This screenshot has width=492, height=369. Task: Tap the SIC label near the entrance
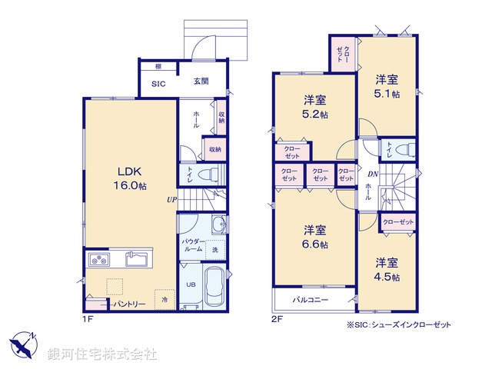pos(158,85)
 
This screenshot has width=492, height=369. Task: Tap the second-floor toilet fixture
pos(408,147)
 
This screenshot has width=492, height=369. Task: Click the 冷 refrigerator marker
pos(163,298)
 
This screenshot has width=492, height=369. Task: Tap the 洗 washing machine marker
pos(214,251)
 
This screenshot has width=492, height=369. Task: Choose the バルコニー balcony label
pos(311,298)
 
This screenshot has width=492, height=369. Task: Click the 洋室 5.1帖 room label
pos(387,86)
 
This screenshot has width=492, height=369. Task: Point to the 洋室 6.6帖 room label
pos(314,237)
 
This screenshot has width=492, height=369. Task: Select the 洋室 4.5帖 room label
pos(387,269)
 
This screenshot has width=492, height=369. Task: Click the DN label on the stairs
pos(371,175)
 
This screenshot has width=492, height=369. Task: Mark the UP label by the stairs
pos(172,200)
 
